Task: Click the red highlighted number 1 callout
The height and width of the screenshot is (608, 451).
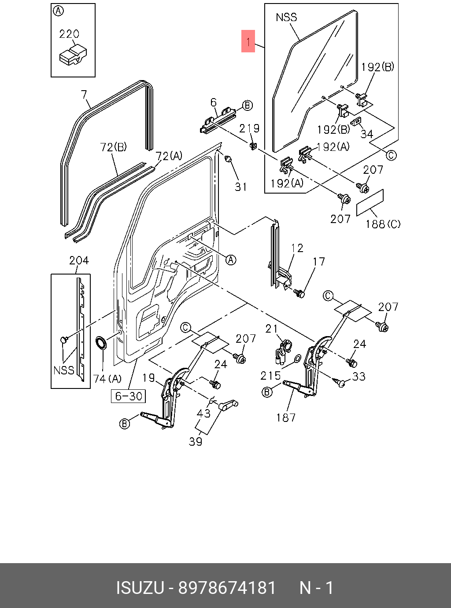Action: [248, 41]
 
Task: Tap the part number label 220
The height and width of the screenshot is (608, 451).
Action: [69, 34]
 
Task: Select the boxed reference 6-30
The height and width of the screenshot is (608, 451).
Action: [128, 396]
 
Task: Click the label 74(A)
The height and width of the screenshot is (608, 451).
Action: [107, 379]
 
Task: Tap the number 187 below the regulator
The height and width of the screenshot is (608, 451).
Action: [286, 418]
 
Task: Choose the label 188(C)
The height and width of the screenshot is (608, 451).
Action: [383, 224]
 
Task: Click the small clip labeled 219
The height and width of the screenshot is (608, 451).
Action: [253, 146]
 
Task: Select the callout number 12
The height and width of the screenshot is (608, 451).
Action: [297, 248]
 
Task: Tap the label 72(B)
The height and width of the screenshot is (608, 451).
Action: [113, 147]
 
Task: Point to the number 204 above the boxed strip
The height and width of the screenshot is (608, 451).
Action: [79, 260]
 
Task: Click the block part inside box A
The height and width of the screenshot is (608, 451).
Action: [73, 55]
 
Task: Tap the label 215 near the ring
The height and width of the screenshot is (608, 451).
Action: [271, 376]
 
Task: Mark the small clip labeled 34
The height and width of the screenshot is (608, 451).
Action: [356, 121]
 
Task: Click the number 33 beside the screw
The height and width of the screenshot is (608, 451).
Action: [358, 376]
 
